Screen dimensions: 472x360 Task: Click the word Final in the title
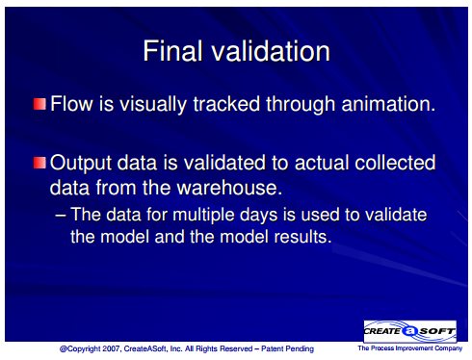173,51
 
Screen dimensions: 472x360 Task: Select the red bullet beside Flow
39,104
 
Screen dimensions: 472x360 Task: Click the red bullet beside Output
39,163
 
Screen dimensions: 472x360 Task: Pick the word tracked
226,104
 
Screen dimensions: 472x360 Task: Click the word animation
388,104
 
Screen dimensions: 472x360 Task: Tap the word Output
81,163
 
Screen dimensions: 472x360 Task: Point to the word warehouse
228,188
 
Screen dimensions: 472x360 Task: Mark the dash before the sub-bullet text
61,216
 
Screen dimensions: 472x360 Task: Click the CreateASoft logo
410,331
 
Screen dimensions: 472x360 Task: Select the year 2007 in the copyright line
112,348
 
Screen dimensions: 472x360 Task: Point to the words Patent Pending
287,348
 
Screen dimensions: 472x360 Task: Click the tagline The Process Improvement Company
410,348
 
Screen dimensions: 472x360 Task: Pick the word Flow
71,104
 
